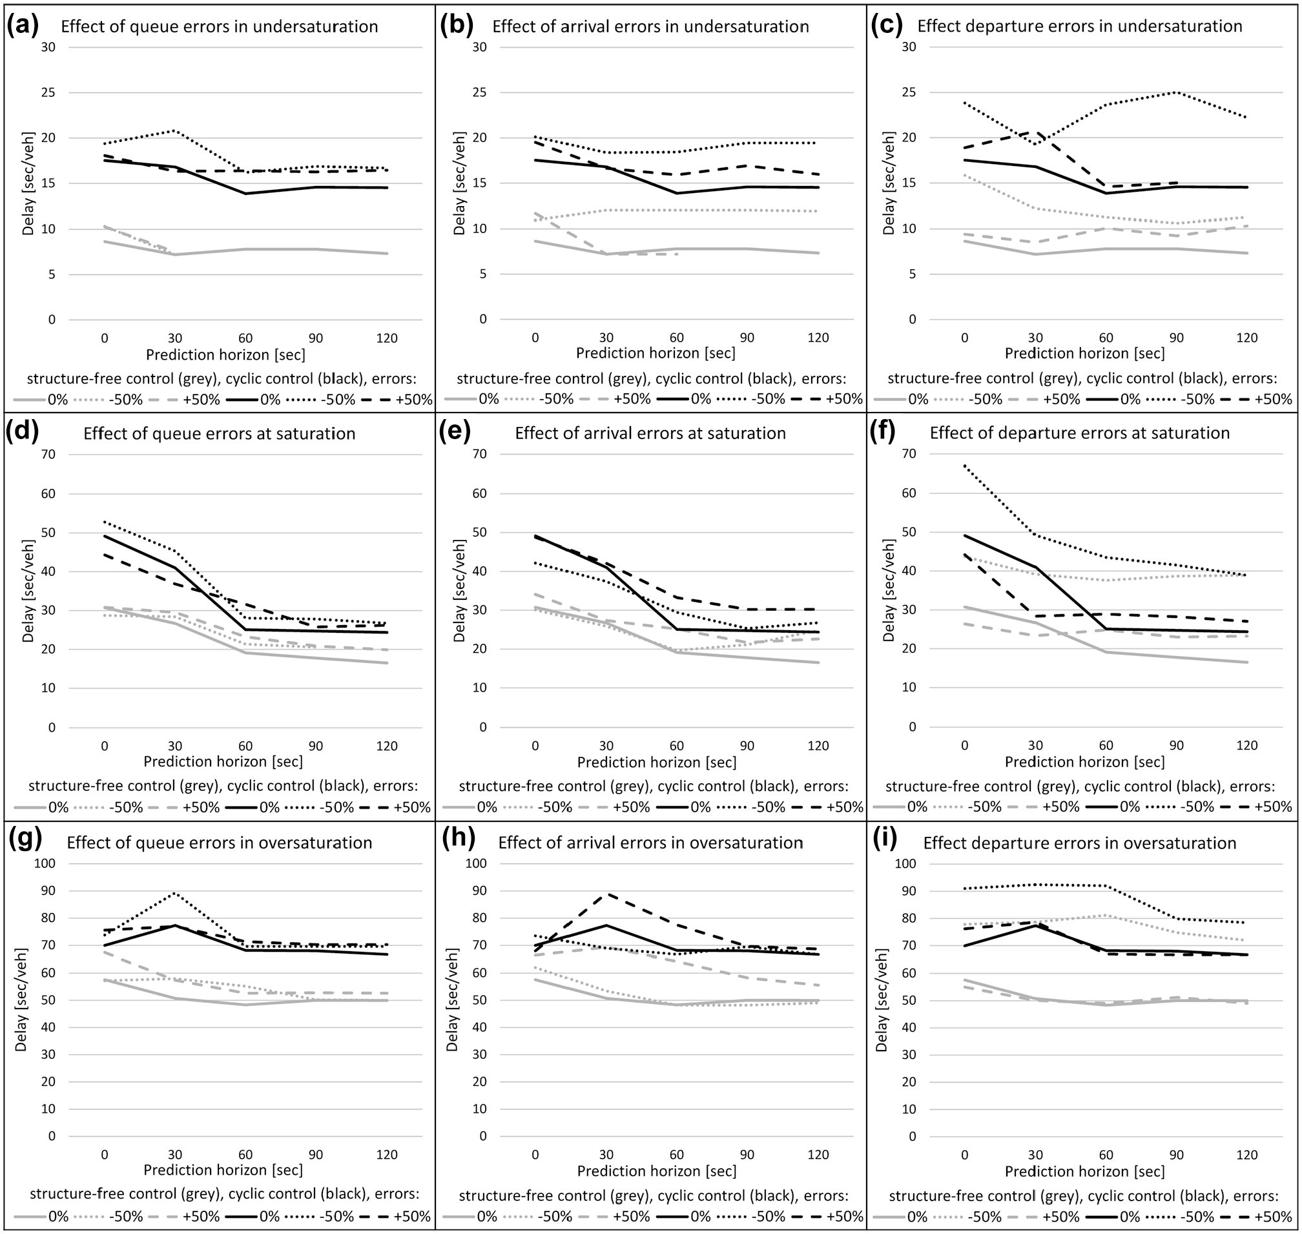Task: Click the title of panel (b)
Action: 650,27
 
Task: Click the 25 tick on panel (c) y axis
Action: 909,93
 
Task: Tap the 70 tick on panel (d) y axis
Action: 48,455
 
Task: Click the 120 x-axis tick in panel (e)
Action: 818,746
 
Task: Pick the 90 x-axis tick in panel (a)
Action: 316,338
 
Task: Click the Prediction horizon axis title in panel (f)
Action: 1084,762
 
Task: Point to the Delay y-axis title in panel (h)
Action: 452,1000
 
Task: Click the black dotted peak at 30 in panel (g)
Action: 175,892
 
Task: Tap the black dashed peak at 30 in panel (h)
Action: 606,894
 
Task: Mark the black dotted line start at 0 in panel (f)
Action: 964,466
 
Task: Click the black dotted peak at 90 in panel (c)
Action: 1176,92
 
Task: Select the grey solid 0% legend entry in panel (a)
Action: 41,399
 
